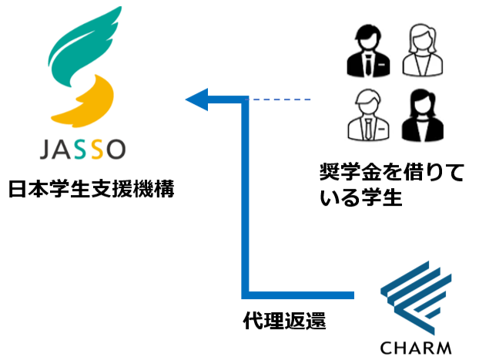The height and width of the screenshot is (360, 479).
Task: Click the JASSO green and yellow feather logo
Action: click(84, 69)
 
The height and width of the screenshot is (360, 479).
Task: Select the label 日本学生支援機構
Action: click(91, 189)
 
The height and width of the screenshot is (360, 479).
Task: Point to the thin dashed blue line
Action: click(281, 99)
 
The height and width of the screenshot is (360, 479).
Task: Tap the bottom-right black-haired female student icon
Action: click(422, 115)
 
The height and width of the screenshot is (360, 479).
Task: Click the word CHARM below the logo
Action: click(417, 346)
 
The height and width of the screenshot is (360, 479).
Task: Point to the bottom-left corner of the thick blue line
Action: click(246, 294)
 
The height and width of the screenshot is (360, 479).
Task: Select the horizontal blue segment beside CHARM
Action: click(300, 294)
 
